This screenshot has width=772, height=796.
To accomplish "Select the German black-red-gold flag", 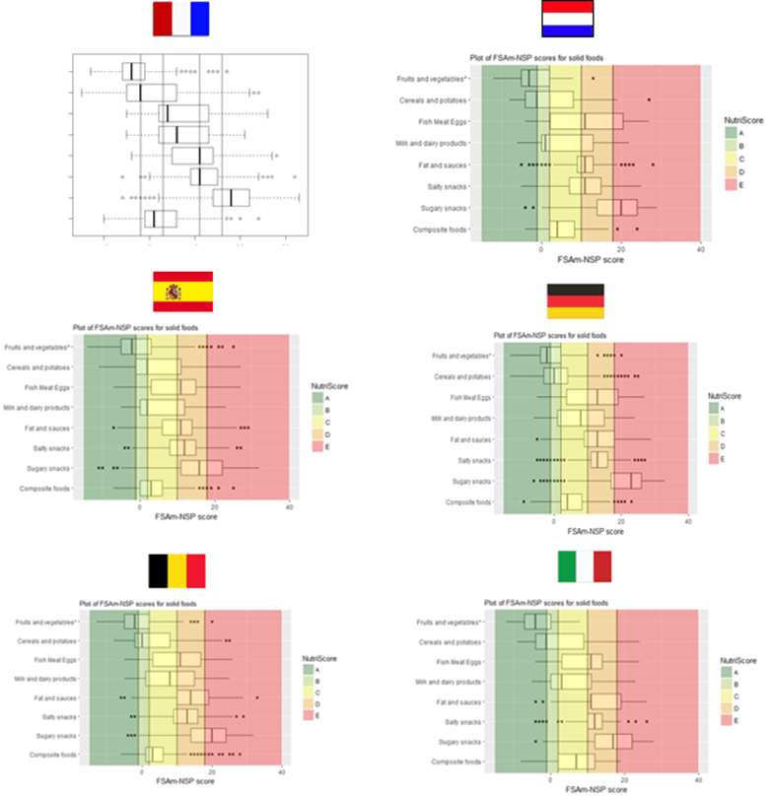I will pos(575,300).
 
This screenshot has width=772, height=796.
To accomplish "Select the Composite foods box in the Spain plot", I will pos(151,488).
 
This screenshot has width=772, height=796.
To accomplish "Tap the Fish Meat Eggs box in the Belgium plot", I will pos(166,659).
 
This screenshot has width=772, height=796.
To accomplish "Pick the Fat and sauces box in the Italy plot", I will pos(604,700).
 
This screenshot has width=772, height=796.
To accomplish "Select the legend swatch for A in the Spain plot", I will pos(318,397).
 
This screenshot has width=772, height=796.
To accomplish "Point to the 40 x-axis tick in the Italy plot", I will pos(698,780).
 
